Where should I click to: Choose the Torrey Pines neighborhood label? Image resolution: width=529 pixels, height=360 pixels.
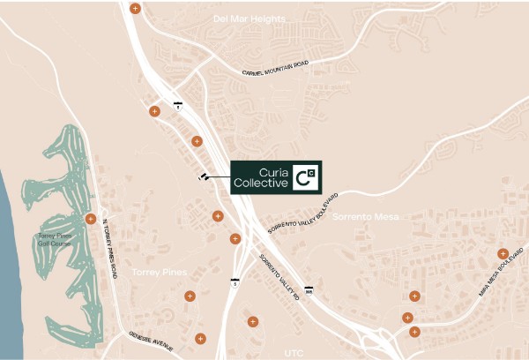[x=156, y=273]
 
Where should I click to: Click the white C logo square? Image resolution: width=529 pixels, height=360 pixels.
[x=305, y=176]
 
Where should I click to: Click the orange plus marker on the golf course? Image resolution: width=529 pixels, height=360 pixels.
[x=90, y=219]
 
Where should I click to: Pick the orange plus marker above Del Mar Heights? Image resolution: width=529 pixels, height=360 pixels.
[x=134, y=9]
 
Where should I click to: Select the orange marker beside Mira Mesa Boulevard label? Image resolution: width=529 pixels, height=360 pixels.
[x=503, y=254]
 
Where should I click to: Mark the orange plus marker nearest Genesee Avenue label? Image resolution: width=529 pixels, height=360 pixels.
[x=201, y=337]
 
